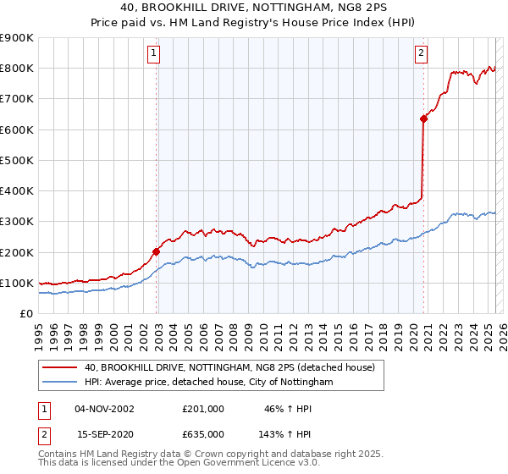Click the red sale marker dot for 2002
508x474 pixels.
point(157,251)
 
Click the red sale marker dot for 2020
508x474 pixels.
point(423,118)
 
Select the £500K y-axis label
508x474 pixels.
point(18,160)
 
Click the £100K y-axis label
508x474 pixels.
point(18,283)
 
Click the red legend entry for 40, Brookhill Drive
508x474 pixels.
point(235,367)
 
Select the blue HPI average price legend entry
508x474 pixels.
point(209,383)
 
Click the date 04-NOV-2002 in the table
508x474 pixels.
point(104,409)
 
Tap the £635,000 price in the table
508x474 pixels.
point(202,434)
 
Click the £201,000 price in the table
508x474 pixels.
point(202,409)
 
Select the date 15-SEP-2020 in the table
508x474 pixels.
point(104,434)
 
